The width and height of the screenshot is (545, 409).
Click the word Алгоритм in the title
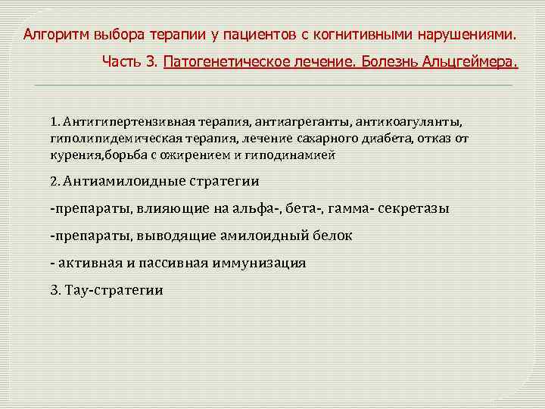click(54, 35)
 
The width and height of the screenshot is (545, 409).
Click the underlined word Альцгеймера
click(470, 61)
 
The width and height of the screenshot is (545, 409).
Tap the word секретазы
click(415, 208)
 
